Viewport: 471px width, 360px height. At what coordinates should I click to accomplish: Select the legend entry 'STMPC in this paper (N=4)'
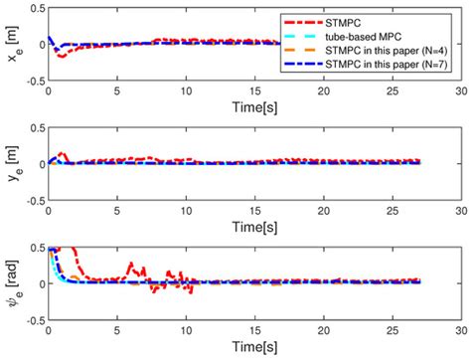pyautogui.click(x=384, y=47)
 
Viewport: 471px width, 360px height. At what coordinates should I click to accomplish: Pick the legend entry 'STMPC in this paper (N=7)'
pyautogui.click(x=384, y=61)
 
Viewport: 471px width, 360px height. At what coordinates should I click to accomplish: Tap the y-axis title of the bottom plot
pyautogui.click(x=11, y=283)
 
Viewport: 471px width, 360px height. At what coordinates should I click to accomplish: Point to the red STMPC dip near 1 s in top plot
pyautogui.click(x=62, y=56)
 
